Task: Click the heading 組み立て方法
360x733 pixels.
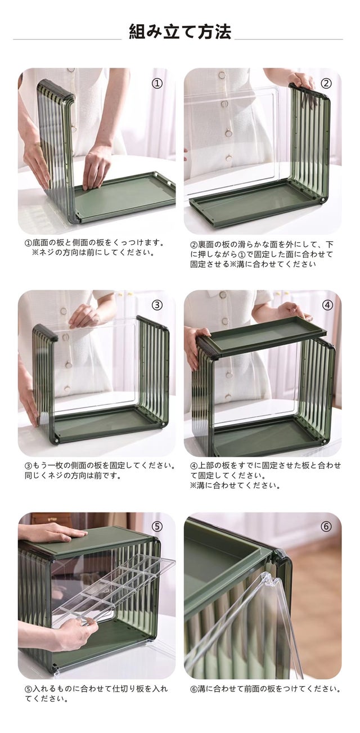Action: pyautogui.click(x=180, y=32)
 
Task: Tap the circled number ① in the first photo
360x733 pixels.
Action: pyautogui.click(x=157, y=83)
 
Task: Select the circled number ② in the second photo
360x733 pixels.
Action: pyautogui.click(x=326, y=83)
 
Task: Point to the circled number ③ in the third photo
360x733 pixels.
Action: pyautogui.click(x=157, y=305)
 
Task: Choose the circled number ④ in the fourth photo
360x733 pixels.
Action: pyautogui.click(x=327, y=305)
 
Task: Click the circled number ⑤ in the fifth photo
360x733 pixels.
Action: pyautogui.click(x=157, y=527)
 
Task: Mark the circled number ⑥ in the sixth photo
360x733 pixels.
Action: pyautogui.click(x=326, y=527)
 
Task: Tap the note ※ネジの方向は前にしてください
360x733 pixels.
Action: pyautogui.click(x=93, y=253)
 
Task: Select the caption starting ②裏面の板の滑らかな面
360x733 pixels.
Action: pyautogui.click(x=262, y=254)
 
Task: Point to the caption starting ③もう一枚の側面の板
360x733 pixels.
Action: pyautogui.click(x=100, y=470)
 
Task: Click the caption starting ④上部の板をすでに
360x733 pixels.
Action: pyautogui.click(x=265, y=475)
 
